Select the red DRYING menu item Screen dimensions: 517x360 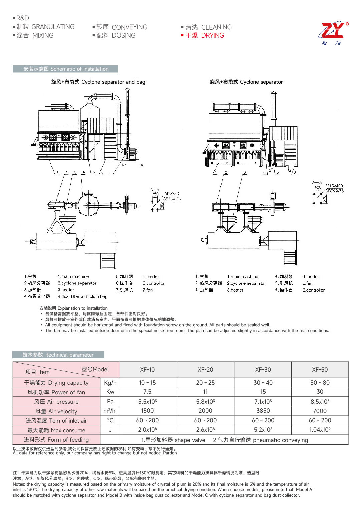click(205, 35)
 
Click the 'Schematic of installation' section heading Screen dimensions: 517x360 click(66, 69)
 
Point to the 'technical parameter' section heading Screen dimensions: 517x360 click(58, 355)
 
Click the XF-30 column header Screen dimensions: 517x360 click(263, 370)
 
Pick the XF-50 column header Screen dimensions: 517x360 click(320, 370)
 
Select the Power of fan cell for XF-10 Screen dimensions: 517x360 click(147, 392)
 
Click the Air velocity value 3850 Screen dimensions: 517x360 click(263, 411)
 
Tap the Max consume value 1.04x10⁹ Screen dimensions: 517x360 click(320, 430)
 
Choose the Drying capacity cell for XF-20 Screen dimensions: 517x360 click(205, 383)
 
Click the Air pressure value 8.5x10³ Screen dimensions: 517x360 click(320, 401)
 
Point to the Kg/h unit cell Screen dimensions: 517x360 click(110, 383)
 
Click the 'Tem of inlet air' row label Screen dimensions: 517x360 click(56, 421)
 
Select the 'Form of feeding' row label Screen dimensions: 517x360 click(56, 440)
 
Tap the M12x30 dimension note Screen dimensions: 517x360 click(172, 194)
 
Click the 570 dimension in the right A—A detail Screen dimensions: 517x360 click(324, 199)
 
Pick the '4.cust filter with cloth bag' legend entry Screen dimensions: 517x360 click(82, 296)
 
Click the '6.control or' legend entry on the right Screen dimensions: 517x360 click(313, 290)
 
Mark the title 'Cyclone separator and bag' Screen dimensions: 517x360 click(98, 82)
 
